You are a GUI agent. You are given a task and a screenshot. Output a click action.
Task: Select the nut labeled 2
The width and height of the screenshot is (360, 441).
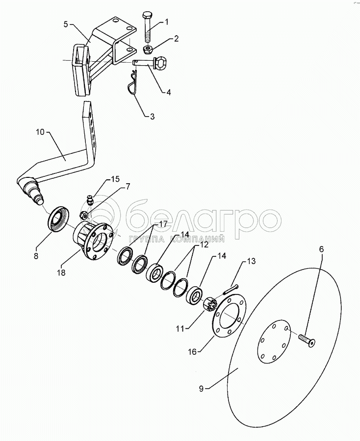(x=148, y=50)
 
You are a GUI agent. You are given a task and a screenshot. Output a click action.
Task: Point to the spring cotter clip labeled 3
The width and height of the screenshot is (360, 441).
(x=132, y=82)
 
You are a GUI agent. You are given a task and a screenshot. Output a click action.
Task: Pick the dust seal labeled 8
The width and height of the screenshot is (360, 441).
(x=59, y=219)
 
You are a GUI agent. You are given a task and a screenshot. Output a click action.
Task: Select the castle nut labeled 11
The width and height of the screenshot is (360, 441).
(x=210, y=304)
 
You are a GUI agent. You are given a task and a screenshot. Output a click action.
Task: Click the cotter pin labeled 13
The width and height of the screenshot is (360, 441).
(x=231, y=290)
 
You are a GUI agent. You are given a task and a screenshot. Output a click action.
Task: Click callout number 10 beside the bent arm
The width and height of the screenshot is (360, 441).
(x=40, y=132)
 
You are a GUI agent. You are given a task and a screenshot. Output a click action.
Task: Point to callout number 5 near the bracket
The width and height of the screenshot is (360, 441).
(x=66, y=24)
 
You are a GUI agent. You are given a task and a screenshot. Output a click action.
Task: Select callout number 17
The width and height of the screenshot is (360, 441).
(x=163, y=224)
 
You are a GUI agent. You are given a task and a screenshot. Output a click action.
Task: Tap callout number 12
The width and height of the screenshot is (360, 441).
(x=205, y=245)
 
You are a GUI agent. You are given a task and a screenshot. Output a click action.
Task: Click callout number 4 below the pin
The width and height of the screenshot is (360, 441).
(x=168, y=92)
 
